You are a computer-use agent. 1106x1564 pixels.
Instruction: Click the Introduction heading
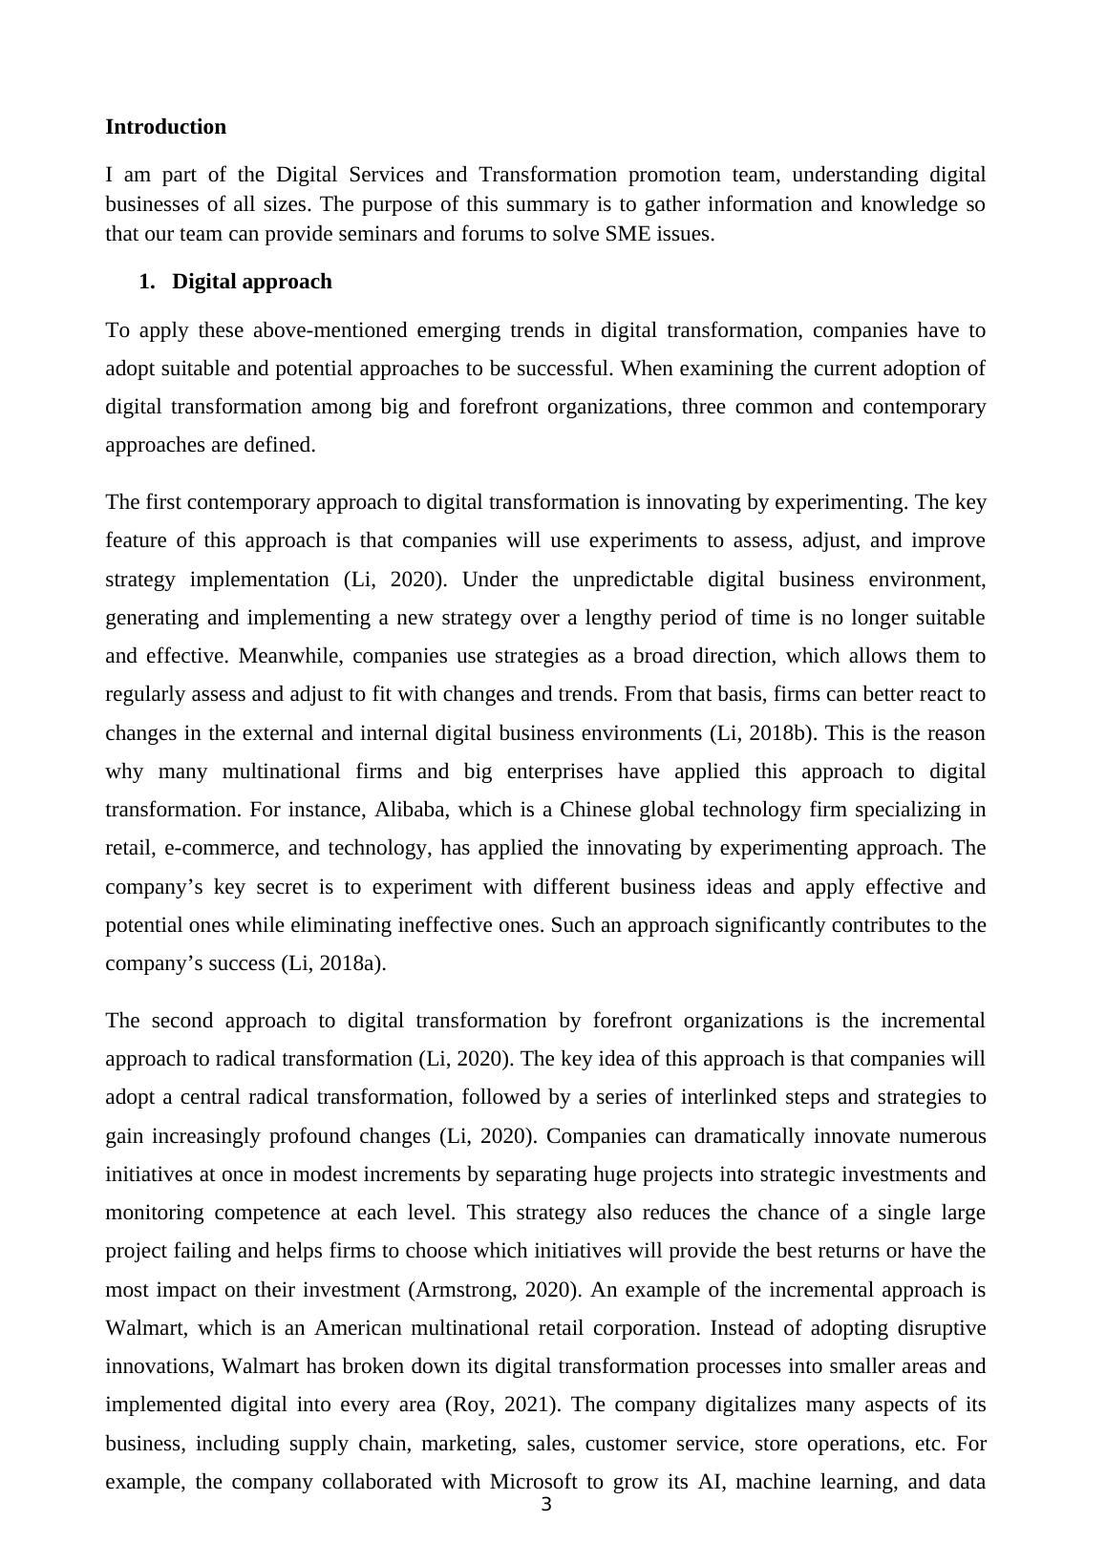[165, 127]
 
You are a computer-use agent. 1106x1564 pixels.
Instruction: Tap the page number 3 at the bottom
[546, 1506]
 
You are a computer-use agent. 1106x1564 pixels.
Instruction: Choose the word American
[359, 1328]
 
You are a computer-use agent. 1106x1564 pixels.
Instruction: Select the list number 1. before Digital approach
[146, 282]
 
